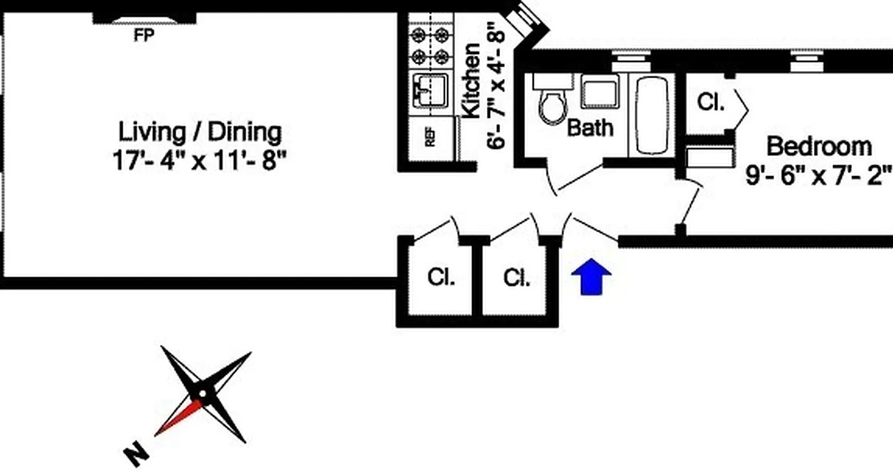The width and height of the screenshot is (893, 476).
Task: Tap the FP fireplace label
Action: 143,36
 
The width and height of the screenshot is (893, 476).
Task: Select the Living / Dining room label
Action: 200,132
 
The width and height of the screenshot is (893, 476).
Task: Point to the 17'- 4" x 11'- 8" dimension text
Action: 195,161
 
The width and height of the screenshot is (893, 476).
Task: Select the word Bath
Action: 589,127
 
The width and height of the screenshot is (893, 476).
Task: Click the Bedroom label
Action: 819,146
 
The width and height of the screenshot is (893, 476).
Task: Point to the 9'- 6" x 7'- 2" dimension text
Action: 819,176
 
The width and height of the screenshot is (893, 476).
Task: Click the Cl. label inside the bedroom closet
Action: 710,102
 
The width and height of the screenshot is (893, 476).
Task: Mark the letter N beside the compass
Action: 136,455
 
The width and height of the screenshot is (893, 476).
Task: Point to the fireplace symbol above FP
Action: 145,20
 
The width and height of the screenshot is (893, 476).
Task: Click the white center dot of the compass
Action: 204,393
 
